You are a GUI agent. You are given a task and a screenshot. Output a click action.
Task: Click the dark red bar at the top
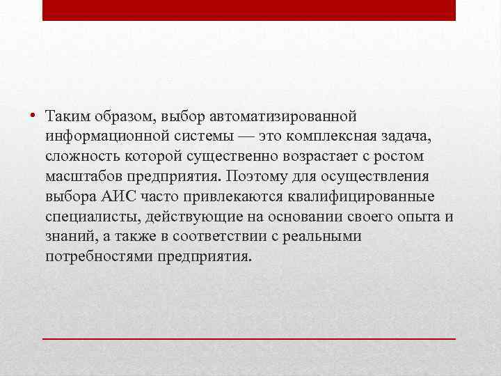[x=249, y=10]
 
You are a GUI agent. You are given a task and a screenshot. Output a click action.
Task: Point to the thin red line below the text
[x=249, y=338]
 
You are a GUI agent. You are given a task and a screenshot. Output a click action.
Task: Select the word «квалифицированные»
[x=377, y=196]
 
